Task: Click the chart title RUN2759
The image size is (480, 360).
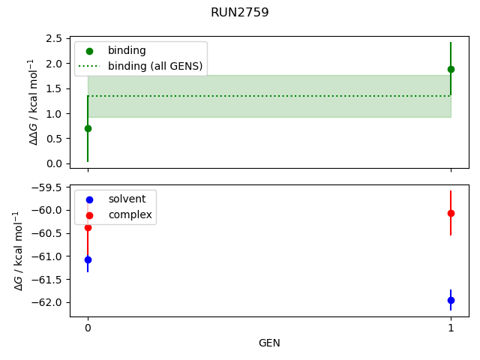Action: click(x=240, y=13)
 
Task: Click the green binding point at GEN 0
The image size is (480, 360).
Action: click(x=88, y=128)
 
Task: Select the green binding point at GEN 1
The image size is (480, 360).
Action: click(x=451, y=69)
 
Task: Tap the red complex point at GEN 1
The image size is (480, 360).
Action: click(x=451, y=213)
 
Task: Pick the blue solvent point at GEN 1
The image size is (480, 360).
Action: click(x=451, y=300)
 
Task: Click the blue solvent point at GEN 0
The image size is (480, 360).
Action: click(x=88, y=259)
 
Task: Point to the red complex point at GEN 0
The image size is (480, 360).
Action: click(x=88, y=227)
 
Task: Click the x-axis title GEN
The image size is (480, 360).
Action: click(x=269, y=343)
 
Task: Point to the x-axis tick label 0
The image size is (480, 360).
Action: click(x=88, y=328)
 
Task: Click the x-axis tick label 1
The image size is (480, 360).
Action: click(x=451, y=328)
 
